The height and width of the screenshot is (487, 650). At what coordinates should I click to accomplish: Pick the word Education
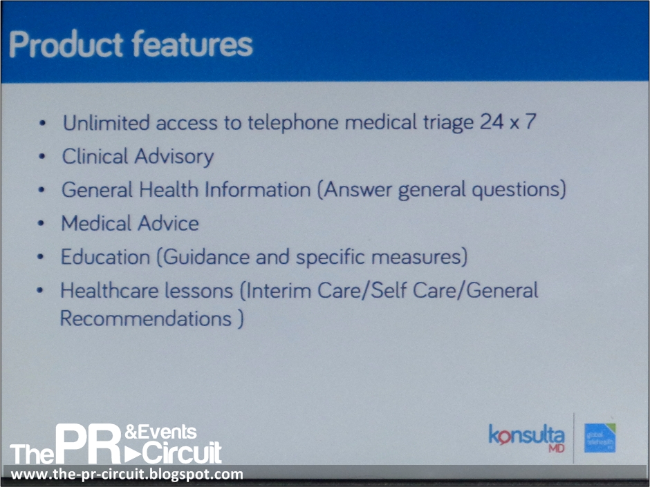tap(105, 257)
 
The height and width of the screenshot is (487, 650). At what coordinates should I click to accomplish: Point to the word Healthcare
tap(108, 290)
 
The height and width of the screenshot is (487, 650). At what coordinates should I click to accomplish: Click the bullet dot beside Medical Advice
tap(43, 224)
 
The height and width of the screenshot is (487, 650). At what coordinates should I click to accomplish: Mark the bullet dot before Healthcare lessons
tap(42, 291)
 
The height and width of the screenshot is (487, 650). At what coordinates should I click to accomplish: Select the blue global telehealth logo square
tap(599, 438)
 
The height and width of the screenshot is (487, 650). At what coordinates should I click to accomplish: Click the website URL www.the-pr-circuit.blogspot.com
tap(127, 475)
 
